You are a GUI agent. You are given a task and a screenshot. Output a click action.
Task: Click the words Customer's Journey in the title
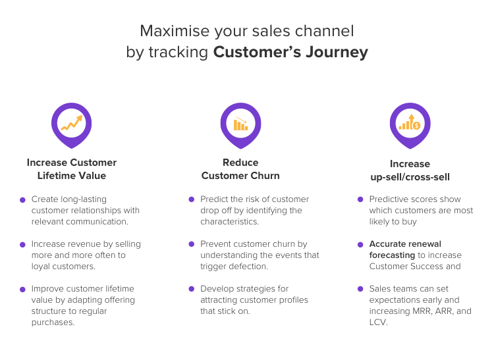[x=290, y=53]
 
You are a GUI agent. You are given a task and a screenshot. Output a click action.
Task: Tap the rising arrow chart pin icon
[x=71, y=123]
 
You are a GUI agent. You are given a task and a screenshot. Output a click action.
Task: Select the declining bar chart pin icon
[x=240, y=123]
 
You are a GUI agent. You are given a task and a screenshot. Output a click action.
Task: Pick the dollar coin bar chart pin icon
[x=410, y=123]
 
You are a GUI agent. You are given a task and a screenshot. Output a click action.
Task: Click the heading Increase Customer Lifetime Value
[x=72, y=169]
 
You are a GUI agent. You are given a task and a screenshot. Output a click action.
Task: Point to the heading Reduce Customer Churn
[x=240, y=169]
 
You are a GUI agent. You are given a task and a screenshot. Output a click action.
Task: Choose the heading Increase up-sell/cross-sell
[x=410, y=170]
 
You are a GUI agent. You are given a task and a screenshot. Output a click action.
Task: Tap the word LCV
[x=378, y=322]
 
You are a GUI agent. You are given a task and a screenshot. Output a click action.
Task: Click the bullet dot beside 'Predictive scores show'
[x=360, y=199]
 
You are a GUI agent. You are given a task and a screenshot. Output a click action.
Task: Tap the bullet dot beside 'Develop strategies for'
[x=191, y=289]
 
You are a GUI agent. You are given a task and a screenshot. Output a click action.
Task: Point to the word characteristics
[x=230, y=222]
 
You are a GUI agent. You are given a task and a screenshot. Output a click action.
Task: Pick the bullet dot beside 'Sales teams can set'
[x=360, y=289]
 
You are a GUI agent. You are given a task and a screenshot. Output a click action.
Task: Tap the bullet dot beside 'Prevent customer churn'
[x=191, y=244]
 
